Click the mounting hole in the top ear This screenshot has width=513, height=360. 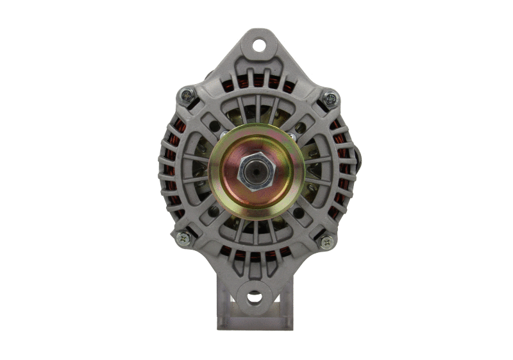point(258,46)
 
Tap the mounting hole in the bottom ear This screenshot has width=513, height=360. point(255,296)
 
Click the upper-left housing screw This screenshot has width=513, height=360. point(186,96)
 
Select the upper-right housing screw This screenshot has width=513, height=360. point(330,98)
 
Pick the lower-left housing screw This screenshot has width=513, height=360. point(183,237)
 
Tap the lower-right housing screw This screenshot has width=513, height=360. point(326,242)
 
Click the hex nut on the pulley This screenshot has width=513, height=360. point(256,171)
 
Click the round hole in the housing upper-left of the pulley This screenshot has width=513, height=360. point(214,126)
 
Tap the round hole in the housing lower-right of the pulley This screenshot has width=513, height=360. point(299,212)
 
